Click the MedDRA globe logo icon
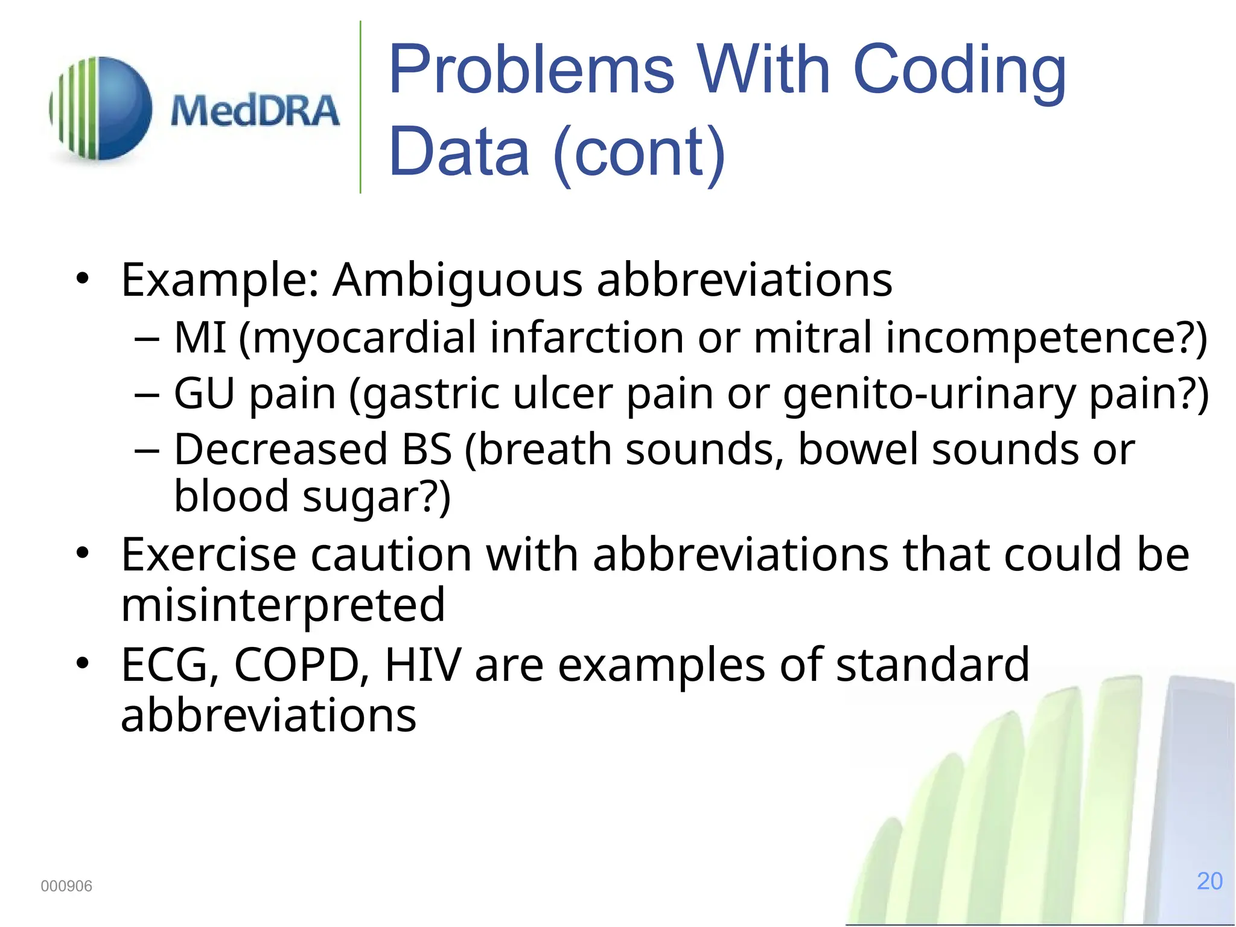101,109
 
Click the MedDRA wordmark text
255,111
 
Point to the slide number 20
1209,881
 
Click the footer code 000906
66,886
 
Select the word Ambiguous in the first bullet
457,280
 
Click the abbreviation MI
200,337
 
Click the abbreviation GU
204,393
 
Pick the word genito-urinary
929,393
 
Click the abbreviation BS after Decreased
427,450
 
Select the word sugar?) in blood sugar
376,497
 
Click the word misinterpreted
283,605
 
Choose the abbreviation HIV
423,665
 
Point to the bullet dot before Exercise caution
83,553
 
